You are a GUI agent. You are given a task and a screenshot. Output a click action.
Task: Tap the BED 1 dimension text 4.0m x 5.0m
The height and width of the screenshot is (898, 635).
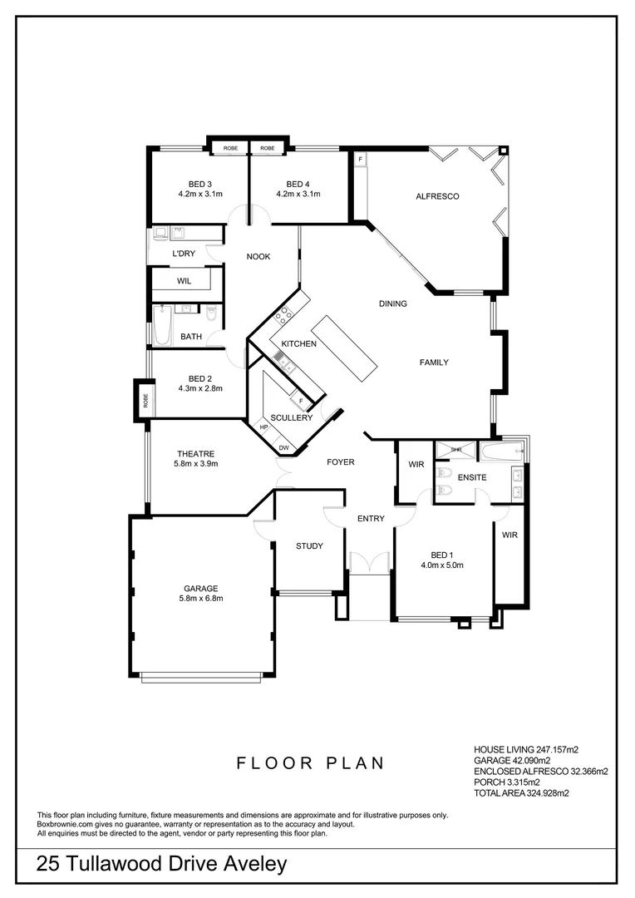pos(441,565)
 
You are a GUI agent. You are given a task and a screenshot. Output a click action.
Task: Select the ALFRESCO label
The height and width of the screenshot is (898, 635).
pos(437,196)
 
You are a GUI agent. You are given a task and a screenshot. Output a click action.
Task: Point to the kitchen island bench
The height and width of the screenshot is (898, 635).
pos(347,348)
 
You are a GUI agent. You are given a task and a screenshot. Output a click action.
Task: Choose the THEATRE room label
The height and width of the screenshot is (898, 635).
pos(195,453)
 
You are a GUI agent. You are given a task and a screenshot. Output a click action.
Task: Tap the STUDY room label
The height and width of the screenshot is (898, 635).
pos(309,545)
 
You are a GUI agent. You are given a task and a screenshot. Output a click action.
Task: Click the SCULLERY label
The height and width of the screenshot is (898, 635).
pos(291,417)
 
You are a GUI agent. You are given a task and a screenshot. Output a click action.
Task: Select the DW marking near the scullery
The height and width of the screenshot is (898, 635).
pos(284,448)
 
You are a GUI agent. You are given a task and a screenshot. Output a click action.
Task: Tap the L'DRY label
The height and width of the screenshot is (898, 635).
pos(184,253)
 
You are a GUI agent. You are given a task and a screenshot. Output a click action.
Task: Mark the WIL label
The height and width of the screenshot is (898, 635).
pos(184,281)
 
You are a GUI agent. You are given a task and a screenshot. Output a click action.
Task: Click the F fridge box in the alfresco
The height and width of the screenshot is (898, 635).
pos(360,158)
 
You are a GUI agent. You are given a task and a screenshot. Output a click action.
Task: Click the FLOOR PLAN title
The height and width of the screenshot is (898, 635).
pos(310,762)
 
